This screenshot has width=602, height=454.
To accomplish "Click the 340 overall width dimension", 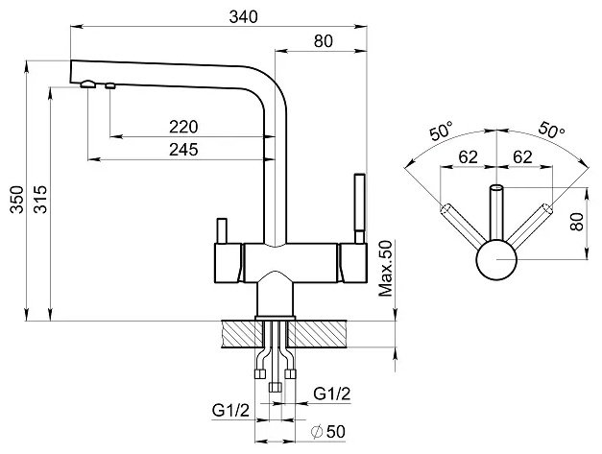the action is pos(243,17).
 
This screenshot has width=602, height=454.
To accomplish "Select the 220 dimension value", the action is pos(183,127).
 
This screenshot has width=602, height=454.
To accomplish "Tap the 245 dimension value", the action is pos(183,150).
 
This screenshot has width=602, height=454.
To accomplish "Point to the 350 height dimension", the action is pos(17,200).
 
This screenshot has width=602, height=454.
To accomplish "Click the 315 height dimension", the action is pos(40,200).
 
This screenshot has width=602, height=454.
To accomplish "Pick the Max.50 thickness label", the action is pos(385,268).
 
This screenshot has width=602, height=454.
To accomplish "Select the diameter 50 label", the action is pos(328,432).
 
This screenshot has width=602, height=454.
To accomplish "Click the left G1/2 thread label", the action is pos(230,411).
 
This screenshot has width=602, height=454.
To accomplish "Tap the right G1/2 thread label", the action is pos(332,394).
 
